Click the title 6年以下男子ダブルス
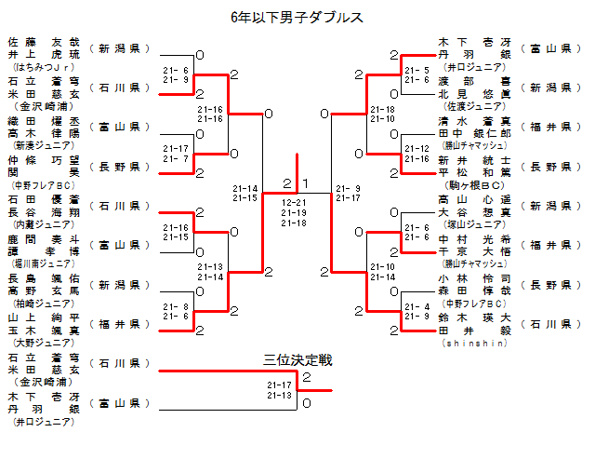tap(297, 17)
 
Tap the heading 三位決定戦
tap(297, 359)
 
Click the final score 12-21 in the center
tap(294, 202)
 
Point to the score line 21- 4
tap(416, 306)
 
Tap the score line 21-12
tap(416, 148)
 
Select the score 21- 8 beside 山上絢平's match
tap(176, 306)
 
